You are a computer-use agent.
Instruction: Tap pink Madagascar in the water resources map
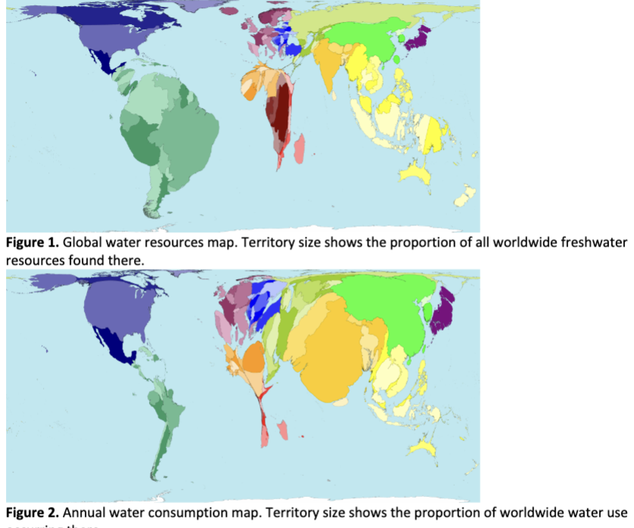pos(300,148)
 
